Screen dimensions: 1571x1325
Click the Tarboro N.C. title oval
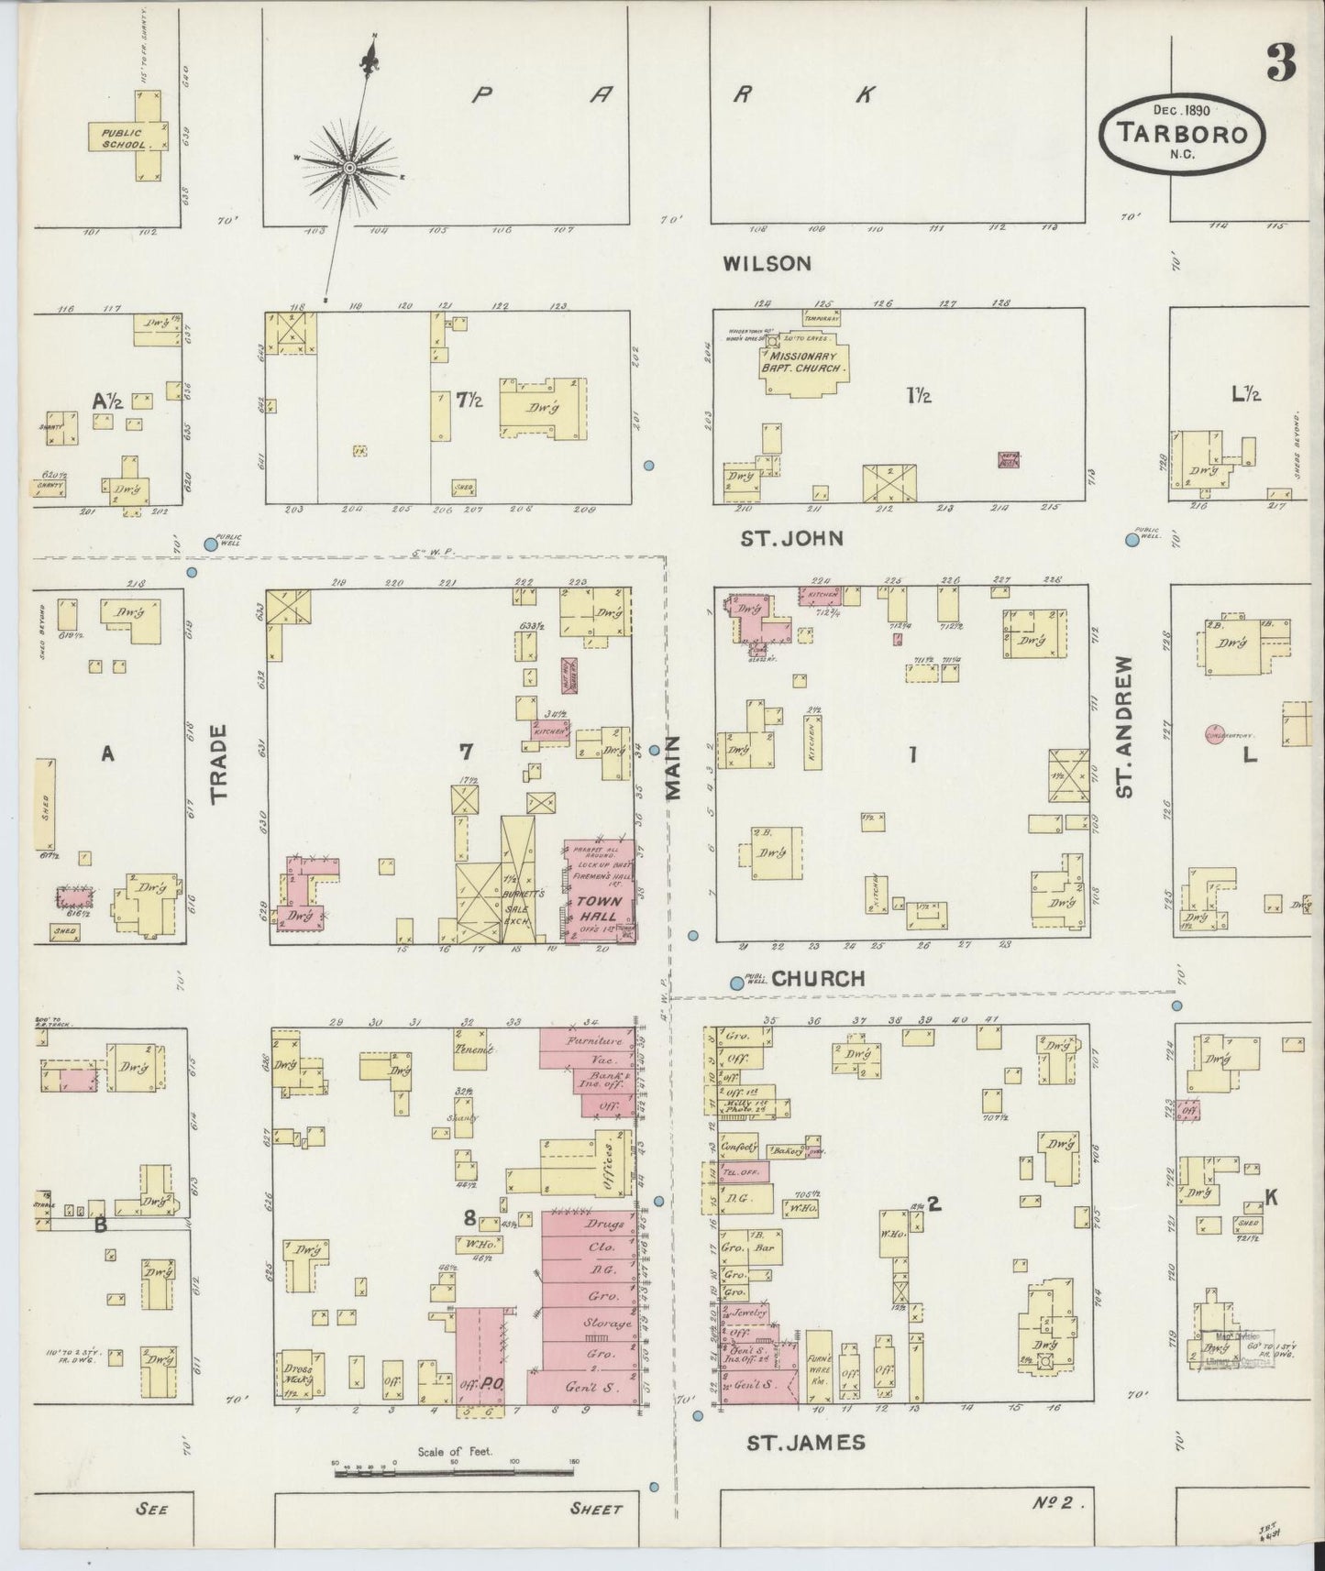tap(1183, 133)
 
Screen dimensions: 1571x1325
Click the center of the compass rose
tap(350, 169)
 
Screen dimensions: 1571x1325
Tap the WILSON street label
tap(767, 264)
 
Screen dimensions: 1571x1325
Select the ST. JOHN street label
tap(791, 538)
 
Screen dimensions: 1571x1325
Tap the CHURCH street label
tap(818, 979)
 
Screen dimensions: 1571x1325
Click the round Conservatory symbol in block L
tap(1213, 734)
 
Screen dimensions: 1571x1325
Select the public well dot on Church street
tap(736, 983)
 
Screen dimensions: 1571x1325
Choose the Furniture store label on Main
tap(594, 1041)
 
